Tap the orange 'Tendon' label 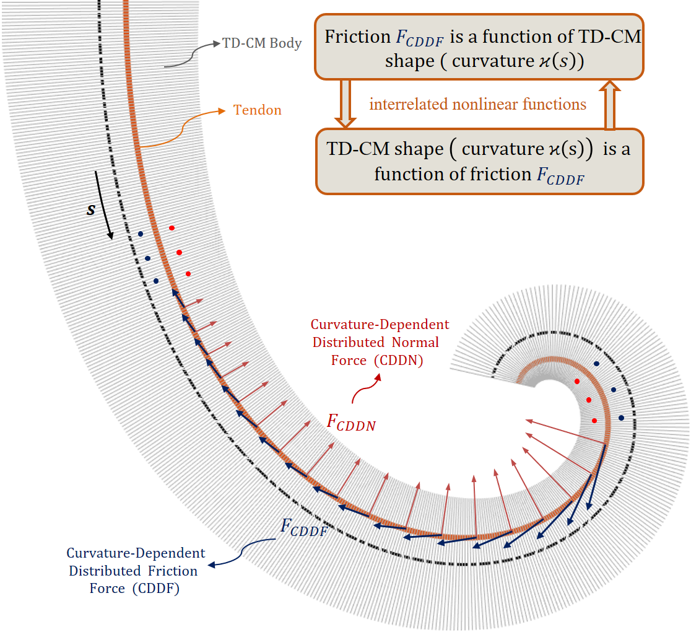pos(257,110)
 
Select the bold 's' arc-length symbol pos(91,210)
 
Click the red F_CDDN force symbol pos(350,423)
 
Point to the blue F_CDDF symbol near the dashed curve pos(304,527)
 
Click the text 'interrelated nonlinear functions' pos(477,104)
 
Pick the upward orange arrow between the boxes pos(609,104)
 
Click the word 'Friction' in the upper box pos(357,37)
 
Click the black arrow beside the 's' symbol pos(105,205)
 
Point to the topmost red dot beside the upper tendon pos(172,228)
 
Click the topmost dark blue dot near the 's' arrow pos(141,234)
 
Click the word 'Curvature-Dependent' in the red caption pos(380,325)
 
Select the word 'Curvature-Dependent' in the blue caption pos(136,553)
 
